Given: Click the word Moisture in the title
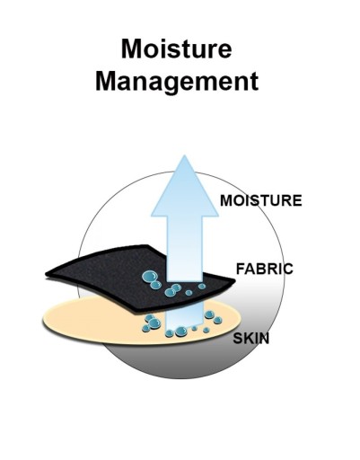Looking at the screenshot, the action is point(177,49).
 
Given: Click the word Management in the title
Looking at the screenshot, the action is point(177,82).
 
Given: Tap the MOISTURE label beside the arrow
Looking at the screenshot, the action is point(260,200).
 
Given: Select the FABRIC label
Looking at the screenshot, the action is point(265,269).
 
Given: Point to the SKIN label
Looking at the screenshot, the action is point(251,339).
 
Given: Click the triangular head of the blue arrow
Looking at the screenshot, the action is point(185,186).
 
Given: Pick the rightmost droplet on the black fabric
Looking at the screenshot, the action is point(202,287).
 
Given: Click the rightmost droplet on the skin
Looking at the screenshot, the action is point(217,320).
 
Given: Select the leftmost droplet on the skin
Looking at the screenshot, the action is point(146,329).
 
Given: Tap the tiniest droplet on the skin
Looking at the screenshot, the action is point(194,328).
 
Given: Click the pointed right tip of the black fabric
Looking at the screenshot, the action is point(235,280).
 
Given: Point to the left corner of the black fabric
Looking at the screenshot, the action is point(46,273).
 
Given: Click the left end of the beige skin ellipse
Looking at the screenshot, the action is point(43,321).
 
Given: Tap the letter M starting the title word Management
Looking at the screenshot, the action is point(105,81).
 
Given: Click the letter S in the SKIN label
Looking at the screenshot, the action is point(238,339).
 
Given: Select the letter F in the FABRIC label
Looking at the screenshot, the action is point(241,269).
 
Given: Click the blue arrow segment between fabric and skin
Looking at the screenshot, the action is point(185,318).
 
